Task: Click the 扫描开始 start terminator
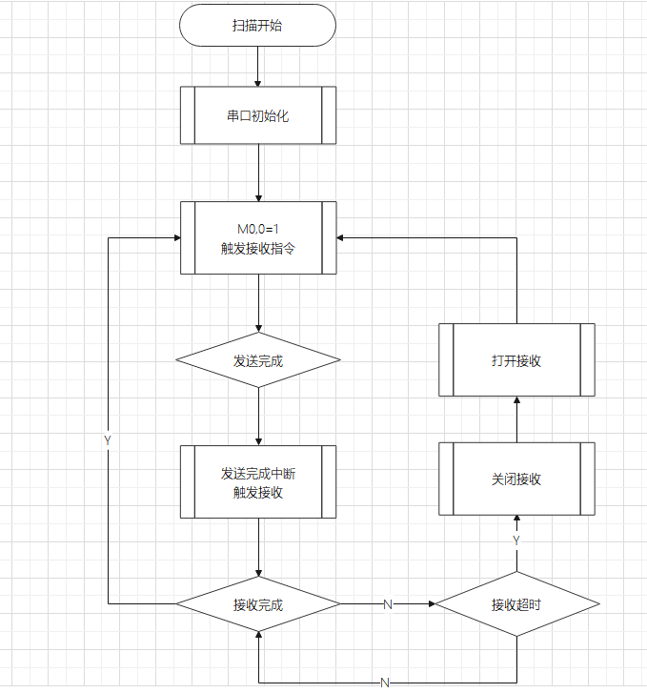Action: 257,26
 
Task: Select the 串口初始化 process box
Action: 257,115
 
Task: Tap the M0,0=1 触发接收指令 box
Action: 257,237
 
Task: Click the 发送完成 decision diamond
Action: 257,360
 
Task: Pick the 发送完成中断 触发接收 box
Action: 257,482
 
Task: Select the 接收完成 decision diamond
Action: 257,604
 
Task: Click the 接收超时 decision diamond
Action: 516,604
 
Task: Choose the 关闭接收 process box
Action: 516,479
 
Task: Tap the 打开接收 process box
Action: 516,360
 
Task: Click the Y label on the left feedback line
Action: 108,441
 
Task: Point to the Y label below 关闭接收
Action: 516,540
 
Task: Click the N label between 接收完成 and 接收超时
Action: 387,604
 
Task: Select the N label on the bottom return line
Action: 385,683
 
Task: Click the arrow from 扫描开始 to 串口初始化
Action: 257,67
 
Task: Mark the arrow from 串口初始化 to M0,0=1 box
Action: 257,173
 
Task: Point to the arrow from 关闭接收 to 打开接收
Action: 516,419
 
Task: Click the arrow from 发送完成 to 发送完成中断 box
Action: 257,416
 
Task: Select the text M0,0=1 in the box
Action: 257,229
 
